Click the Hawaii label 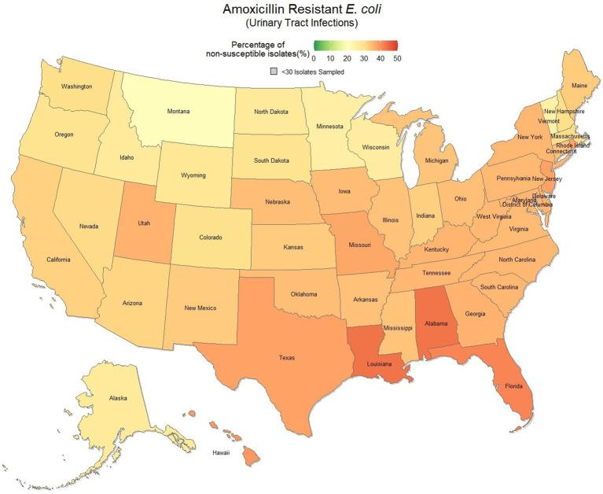click(x=222, y=453)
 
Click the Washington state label click(x=77, y=86)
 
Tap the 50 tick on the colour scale click(x=398, y=58)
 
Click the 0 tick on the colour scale click(x=314, y=58)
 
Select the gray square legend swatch click(x=273, y=72)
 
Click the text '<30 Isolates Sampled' click(x=312, y=72)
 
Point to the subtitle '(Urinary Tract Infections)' click(x=301, y=24)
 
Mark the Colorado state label click(x=210, y=237)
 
